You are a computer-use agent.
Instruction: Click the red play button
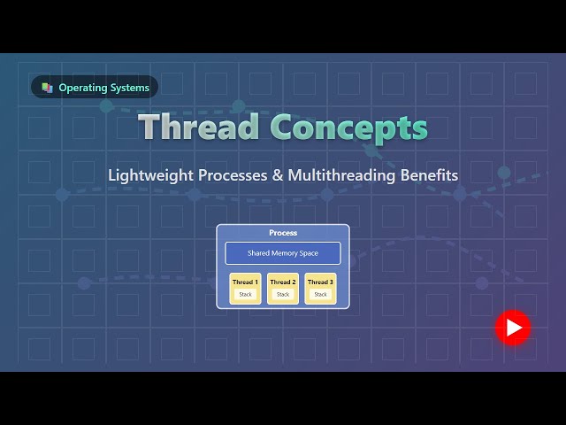tap(512, 328)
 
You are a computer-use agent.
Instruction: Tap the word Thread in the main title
tap(199, 127)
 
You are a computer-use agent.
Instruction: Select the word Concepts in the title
tap(348, 127)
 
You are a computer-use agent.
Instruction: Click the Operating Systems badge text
tap(103, 88)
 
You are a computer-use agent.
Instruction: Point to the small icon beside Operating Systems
tap(47, 88)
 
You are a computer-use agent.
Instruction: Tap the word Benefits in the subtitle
tap(429, 175)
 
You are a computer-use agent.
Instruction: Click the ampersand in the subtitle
tap(277, 175)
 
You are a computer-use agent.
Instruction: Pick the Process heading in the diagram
tap(283, 233)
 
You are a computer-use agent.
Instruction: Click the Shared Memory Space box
tap(283, 253)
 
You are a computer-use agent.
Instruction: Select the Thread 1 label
tap(245, 282)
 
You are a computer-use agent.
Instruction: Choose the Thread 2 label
tap(283, 282)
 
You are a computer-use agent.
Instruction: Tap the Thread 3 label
tap(320, 282)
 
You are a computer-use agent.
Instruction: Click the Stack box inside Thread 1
tap(245, 294)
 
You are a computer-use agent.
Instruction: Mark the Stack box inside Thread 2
tap(283, 294)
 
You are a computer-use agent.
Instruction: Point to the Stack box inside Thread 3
tap(320, 294)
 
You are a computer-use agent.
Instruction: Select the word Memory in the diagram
tap(283, 253)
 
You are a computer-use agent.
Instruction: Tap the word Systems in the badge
tap(129, 88)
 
